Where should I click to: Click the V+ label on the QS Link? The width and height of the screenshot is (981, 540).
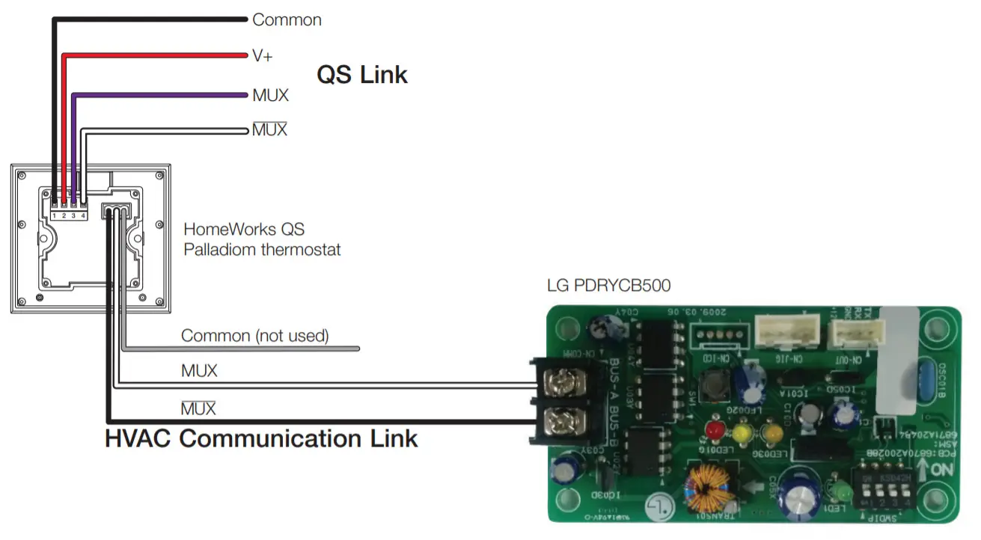262,56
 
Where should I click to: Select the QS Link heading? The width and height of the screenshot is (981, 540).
362,75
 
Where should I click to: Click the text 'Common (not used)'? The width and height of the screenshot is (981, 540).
254,336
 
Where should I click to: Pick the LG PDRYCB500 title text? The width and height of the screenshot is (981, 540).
608,286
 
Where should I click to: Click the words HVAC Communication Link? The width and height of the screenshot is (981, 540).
261,438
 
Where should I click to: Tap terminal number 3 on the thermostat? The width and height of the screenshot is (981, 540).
73,215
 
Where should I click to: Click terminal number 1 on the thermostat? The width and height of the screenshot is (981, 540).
55,215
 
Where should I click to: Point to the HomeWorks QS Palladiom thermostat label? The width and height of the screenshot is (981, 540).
262,239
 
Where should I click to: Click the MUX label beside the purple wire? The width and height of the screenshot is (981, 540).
270,96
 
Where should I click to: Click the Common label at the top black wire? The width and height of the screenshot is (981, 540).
287,20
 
